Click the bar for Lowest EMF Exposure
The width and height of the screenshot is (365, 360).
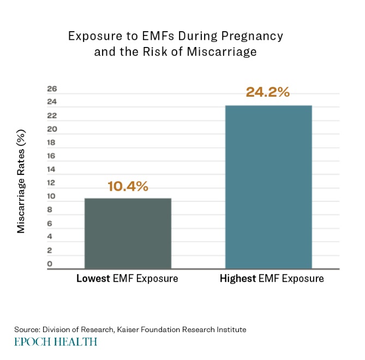(x=128, y=233)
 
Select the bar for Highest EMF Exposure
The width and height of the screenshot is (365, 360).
(x=268, y=187)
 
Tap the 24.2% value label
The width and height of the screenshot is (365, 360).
(x=267, y=92)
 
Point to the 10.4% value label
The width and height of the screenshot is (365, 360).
(x=128, y=186)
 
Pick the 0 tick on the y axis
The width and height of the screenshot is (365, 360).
(x=50, y=264)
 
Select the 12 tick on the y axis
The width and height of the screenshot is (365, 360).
(x=52, y=183)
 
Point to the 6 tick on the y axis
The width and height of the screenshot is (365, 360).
(x=50, y=223)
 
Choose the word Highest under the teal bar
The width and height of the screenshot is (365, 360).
(x=238, y=279)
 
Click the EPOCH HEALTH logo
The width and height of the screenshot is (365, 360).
(x=56, y=342)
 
